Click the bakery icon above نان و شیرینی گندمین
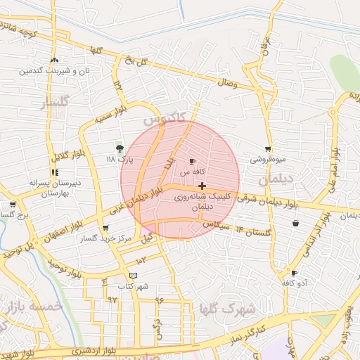coord(55,60)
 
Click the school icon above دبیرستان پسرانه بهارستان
coord(55,172)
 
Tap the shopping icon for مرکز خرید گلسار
coord(105,228)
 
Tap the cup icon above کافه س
coord(192,161)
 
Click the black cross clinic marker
coord(202,186)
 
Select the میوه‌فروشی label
coord(268,160)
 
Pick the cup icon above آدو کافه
coord(294,273)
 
